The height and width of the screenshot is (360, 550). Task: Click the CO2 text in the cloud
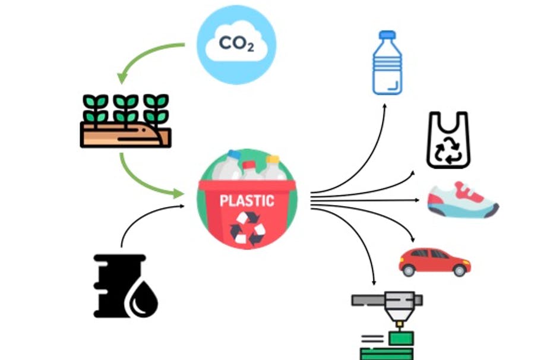tap(236, 43)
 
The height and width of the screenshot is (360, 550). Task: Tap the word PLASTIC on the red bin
tap(247, 200)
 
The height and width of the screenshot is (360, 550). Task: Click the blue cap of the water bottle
tap(387, 34)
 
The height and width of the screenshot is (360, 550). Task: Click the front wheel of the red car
tap(460, 270)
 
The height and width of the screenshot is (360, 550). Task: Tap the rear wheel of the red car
tap(408, 270)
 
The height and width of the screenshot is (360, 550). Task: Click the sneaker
tap(462, 200)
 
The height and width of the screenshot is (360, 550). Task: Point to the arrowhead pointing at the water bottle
tap(385, 106)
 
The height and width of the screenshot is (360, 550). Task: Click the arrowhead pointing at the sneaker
tap(417, 200)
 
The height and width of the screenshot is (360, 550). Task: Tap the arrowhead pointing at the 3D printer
tap(374, 282)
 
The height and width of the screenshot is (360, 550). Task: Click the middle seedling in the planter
tap(125, 108)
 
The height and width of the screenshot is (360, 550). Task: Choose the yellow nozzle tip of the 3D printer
tap(399, 324)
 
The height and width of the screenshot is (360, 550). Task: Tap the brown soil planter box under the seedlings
tap(125, 135)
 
